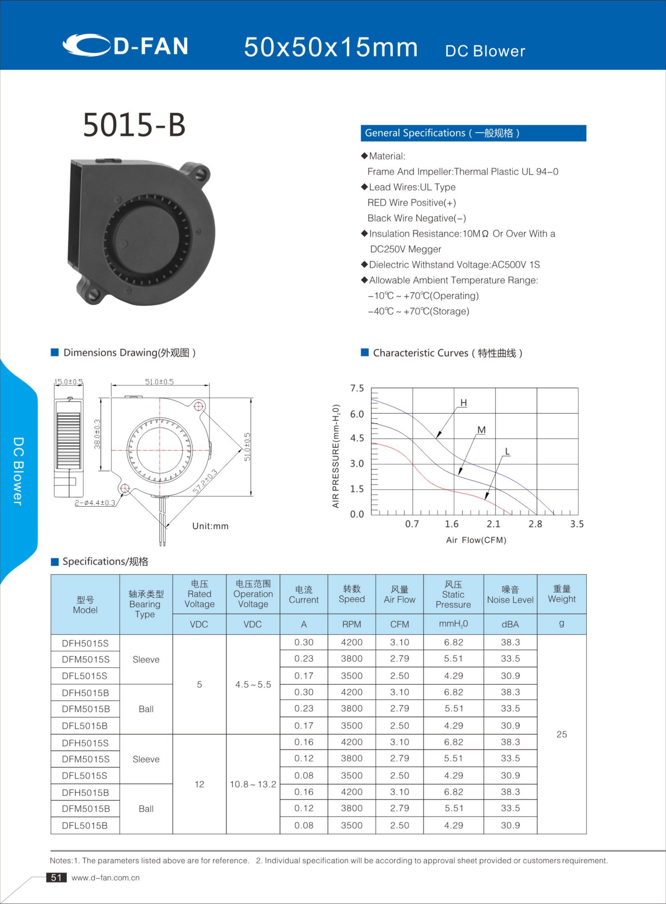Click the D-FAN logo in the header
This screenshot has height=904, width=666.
click(125, 45)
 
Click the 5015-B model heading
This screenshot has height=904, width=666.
click(134, 125)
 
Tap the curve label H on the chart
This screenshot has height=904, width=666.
click(463, 402)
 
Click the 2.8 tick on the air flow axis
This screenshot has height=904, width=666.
click(535, 524)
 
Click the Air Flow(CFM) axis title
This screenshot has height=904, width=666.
click(476, 540)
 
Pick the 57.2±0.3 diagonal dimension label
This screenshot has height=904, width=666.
click(205, 481)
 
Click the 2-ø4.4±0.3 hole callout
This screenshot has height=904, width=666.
click(95, 503)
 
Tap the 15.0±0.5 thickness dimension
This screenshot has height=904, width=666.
click(69, 381)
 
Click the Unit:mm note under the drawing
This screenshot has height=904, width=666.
click(210, 526)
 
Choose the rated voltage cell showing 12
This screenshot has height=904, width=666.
click(199, 784)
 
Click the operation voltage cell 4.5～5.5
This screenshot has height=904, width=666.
click(253, 684)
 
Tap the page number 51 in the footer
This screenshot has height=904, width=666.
click(56, 877)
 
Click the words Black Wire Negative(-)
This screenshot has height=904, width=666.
click(416, 218)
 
